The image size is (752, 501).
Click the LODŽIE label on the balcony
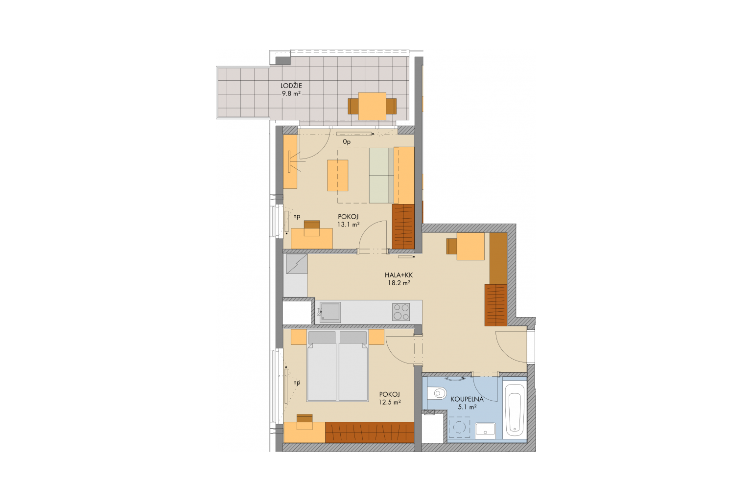tap(291, 86)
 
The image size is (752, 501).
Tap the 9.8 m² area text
tap(291, 94)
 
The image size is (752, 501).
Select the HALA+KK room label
tap(399, 275)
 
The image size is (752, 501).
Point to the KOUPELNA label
tap(467, 399)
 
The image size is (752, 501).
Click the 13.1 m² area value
tap(349, 225)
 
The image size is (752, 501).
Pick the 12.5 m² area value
tap(390, 402)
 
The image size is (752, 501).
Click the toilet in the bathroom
tap(437, 392)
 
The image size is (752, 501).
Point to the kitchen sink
tap(330, 313)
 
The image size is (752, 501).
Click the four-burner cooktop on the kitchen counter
tap(401, 312)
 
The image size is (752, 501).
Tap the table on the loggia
tap(372, 106)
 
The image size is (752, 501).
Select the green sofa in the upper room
tap(381, 176)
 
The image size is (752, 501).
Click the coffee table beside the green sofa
tap(338, 176)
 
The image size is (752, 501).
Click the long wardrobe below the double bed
tap(370, 432)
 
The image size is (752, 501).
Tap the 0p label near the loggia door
tap(347, 142)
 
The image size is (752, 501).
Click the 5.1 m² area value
tap(468, 408)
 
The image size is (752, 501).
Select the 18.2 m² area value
tap(399, 283)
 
